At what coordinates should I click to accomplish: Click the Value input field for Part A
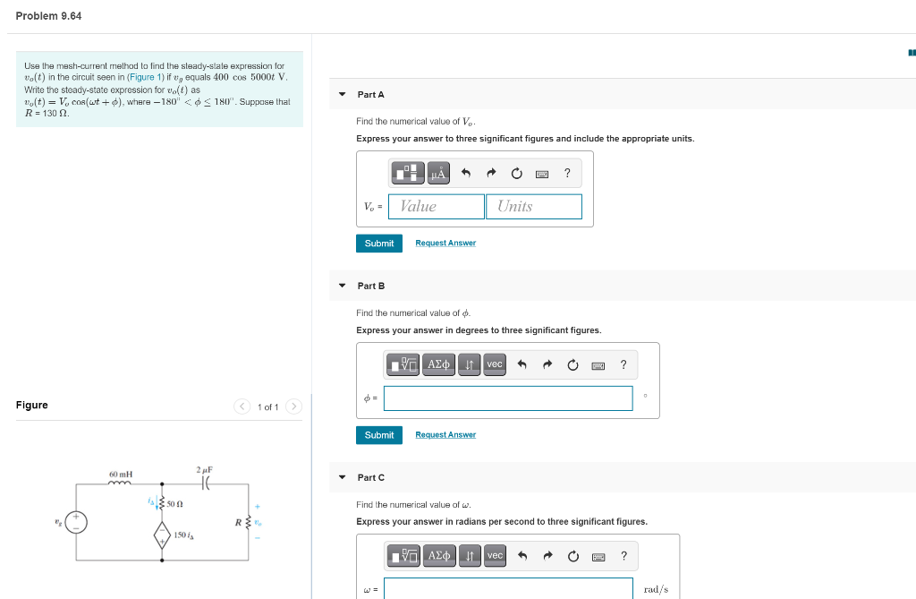point(437,207)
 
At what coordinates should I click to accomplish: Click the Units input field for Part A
point(533,207)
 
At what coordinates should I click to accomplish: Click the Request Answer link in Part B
point(445,435)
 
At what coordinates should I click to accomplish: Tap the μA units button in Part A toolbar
point(438,174)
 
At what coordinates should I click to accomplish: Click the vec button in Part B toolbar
point(495,364)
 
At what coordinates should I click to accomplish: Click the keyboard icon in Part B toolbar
point(598,365)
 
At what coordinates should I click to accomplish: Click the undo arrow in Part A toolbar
point(466,174)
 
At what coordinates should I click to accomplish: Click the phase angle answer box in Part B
point(507,398)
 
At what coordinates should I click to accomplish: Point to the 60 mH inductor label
point(121,473)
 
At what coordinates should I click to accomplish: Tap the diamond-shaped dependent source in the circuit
point(162,535)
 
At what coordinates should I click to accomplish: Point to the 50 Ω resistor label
point(176,505)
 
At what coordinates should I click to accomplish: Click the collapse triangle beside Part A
point(342,95)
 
